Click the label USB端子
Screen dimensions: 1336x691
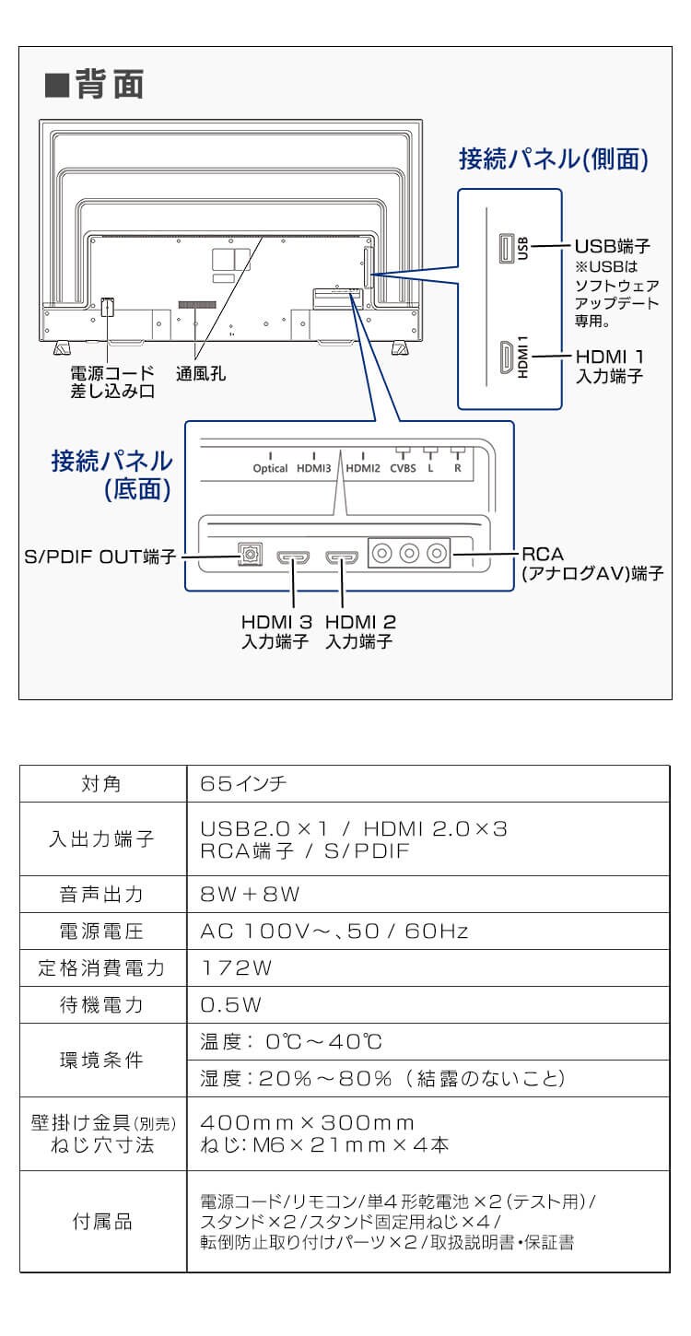coord(613,247)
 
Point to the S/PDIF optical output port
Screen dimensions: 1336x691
coord(249,556)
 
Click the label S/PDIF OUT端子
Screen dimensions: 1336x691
coord(100,557)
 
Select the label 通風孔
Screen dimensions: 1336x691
coord(201,374)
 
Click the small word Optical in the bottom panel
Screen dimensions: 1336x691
coord(270,468)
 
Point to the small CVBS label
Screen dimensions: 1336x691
coord(403,468)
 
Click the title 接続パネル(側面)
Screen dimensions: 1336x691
coord(555,158)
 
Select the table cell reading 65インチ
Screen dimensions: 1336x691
coord(243,784)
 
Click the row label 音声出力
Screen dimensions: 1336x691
coord(102,895)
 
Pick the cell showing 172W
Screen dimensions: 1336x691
coord(237,968)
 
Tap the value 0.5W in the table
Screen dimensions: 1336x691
coord(231,1005)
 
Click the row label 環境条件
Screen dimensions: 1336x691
coord(102,1061)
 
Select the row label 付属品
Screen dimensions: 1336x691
coord(102,1223)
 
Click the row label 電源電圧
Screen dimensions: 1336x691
coord(102,932)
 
